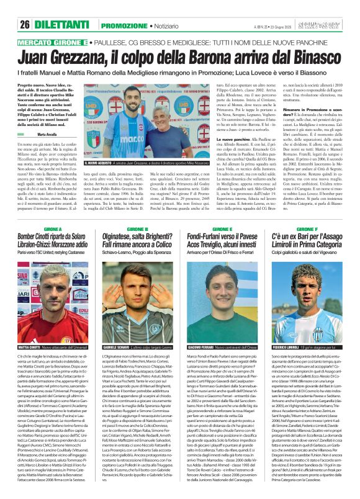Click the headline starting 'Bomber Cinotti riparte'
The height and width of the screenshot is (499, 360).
click(x=45, y=223)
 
